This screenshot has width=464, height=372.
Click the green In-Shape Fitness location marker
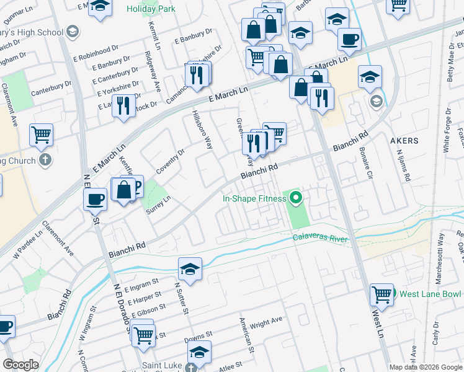click(296, 198)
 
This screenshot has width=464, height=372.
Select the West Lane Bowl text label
click(431, 293)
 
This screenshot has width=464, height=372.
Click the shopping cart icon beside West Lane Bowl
click(381, 295)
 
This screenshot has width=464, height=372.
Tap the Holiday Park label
click(151, 9)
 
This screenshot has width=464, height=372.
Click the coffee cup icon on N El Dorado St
click(96, 200)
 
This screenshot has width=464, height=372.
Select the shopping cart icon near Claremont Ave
click(41, 135)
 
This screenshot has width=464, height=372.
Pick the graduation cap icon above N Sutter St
click(190, 269)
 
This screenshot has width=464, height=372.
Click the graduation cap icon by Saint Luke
click(199, 352)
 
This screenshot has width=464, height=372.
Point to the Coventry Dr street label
click(171, 161)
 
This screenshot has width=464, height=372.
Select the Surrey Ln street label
click(158, 204)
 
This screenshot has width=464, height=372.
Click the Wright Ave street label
click(266, 320)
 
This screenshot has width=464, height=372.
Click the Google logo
click(21, 365)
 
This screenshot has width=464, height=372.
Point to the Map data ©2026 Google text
click(426, 367)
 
